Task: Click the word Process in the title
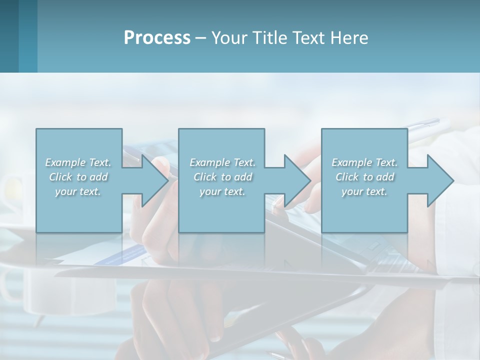[x=157, y=38]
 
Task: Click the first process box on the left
[x=78, y=210]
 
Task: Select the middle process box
[x=221, y=210]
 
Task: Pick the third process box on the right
[x=364, y=210]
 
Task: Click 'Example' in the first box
[x=65, y=162]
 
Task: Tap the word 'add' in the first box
[x=99, y=177]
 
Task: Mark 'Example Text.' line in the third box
[x=364, y=162]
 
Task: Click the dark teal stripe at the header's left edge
[x=9, y=36]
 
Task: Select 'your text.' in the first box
[x=78, y=191]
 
